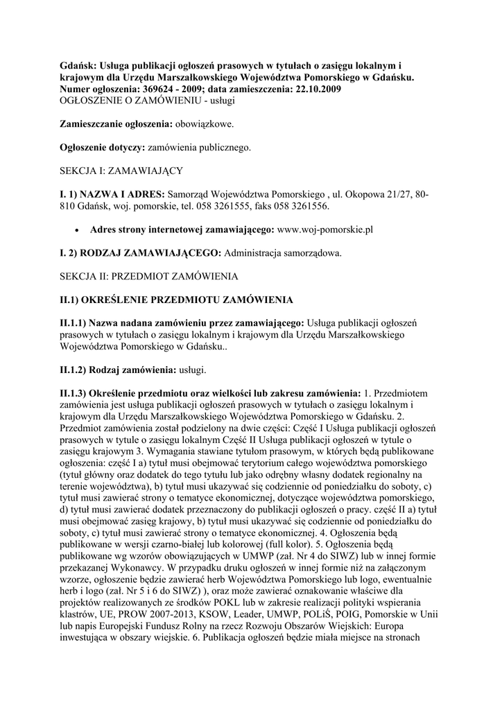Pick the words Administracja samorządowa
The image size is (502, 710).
[x=283, y=253]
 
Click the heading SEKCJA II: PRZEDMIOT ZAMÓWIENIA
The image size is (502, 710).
[x=148, y=277]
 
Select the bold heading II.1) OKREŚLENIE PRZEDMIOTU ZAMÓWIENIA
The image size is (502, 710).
[x=177, y=300]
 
